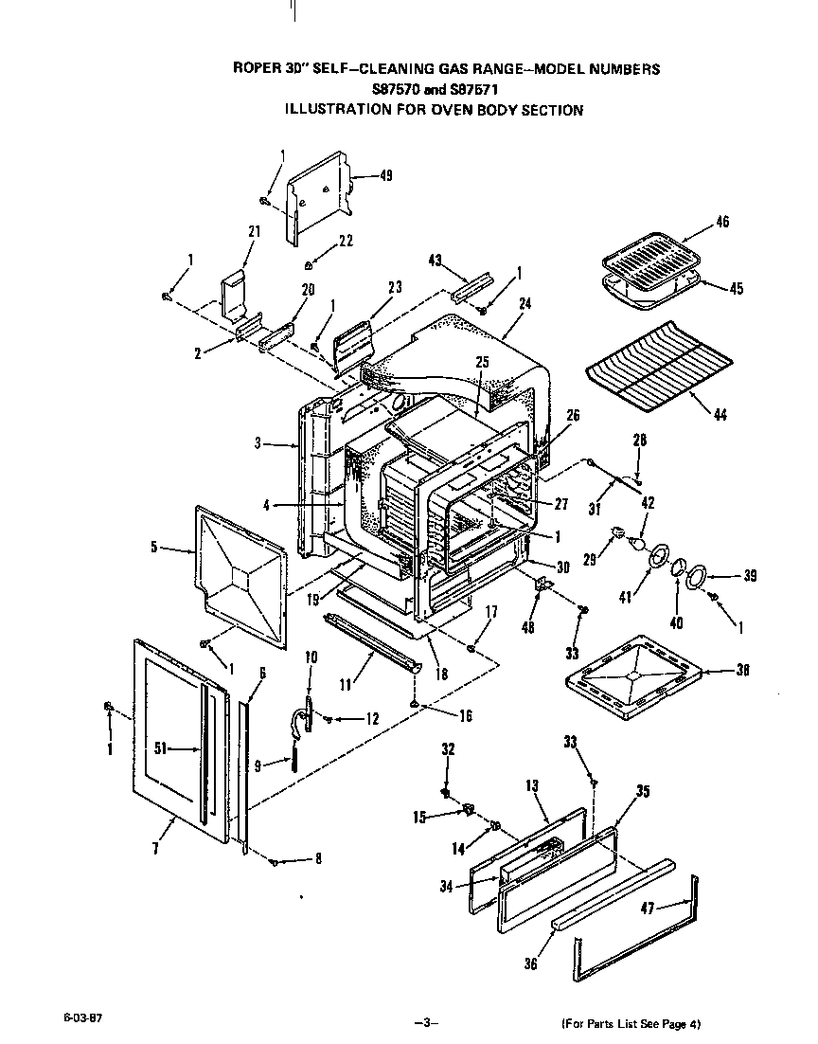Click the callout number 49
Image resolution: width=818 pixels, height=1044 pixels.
360,175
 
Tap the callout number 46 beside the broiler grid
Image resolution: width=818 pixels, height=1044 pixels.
722,223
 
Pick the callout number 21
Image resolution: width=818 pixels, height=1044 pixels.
254,231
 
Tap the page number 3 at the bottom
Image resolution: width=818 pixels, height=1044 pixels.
426,1022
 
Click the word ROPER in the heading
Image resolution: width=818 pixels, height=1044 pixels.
255,69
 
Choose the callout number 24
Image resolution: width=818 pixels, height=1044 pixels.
525,305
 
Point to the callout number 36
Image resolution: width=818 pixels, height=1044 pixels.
530,963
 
